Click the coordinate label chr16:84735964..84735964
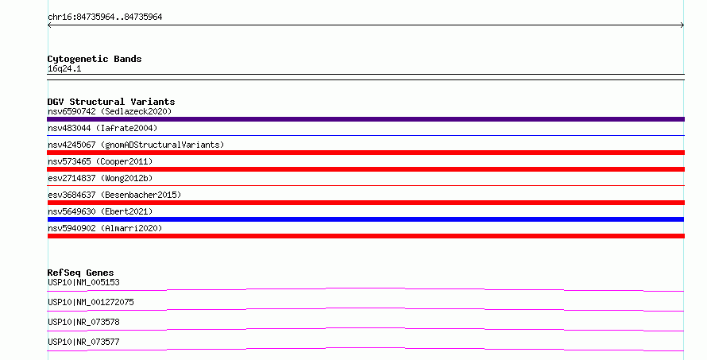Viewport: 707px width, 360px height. pyautogui.click(x=105, y=17)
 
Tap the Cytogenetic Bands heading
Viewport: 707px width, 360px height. pyautogui.click(x=95, y=59)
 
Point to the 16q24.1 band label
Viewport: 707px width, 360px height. pyautogui.click(x=64, y=68)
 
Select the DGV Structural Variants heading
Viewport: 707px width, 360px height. pyautogui.click(x=111, y=102)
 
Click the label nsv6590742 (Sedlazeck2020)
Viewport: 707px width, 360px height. pyautogui.click(x=110, y=111)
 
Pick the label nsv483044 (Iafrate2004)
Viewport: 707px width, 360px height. pyautogui.click(x=102, y=128)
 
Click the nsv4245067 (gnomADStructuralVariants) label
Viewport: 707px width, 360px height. pyautogui.click(x=136, y=145)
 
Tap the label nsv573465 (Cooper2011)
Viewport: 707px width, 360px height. pyautogui.click(x=100, y=161)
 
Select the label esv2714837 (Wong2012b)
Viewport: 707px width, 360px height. pyautogui.click(x=100, y=178)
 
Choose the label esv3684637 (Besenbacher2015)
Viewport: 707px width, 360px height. pyautogui.click(x=114, y=195)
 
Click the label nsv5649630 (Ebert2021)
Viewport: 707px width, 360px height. pyautogui.click(x=100, y=211)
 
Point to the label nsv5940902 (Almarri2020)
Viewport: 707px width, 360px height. pyautogui.click(x=105, y=228)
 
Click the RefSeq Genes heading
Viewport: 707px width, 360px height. pyautogui.click(x=80, y=273)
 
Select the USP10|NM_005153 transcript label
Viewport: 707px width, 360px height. pyautogui.click(x=83, y=282)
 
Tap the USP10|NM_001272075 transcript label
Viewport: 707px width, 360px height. pyautogui.click(x=91, y=302)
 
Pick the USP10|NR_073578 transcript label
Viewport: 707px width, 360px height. pyautogui.click(x=83, y=322)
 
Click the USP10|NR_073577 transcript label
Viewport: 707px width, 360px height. pyautogui.click(x=83, y=342)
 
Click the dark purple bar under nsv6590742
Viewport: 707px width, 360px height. pyautogui.click(x=365, y=119)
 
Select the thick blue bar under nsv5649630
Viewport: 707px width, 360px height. pyautogui.click(x=365, y=219)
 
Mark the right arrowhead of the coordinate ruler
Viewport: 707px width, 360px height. pyautogui.click(x=683, y=25)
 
